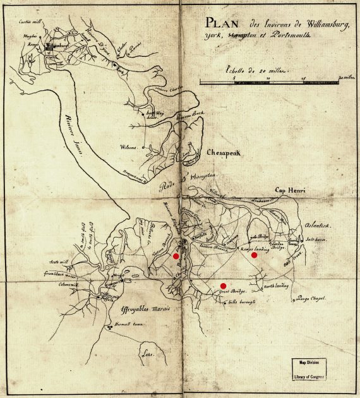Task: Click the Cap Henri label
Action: [289, 190]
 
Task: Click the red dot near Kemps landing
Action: [254, 255]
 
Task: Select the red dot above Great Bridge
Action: [223, 286]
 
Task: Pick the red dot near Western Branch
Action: [176, 256]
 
